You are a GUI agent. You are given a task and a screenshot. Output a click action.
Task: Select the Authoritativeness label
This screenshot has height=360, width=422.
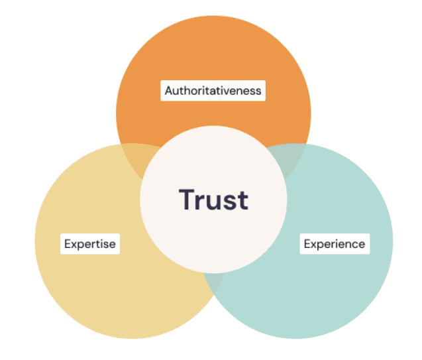point(213,90)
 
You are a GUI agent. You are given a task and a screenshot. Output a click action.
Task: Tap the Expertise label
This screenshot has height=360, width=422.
point(89,244)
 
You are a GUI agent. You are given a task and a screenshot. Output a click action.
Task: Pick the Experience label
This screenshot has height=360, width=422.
point(334,244)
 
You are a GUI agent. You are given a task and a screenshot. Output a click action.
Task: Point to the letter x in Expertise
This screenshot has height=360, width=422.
point(74,245)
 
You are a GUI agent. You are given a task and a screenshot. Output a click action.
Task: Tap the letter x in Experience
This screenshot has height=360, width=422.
point(313,245)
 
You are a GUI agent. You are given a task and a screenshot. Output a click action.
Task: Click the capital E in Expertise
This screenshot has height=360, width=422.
point(68,244)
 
